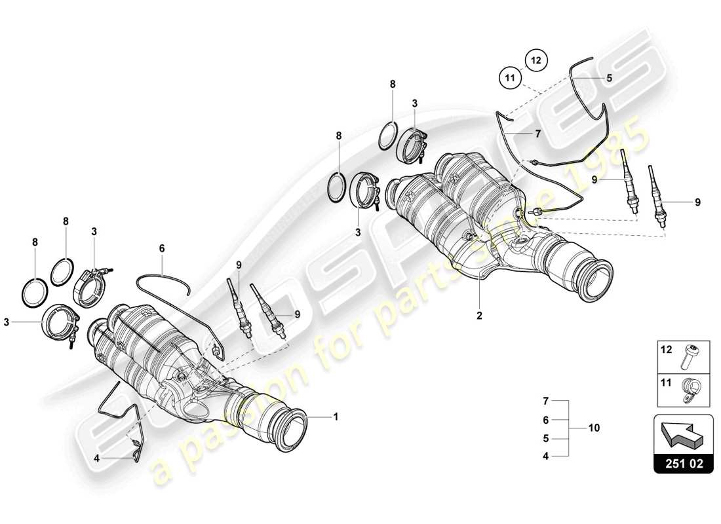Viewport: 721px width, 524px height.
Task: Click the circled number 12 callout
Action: pyautogui.click(x=536, y=60)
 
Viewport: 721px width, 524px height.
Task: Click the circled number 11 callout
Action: pyautogui.click(x=511, y=78)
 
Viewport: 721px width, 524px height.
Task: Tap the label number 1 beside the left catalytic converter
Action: pyautogui.click(x=336, y=416)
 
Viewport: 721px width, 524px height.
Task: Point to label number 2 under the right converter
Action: pyautogui.click(x=479, y=316)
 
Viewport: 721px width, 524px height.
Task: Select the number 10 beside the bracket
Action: pyautogui.click(x=594, y=428)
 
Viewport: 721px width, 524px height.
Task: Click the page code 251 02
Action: pyautogui.click(x=684, y=463)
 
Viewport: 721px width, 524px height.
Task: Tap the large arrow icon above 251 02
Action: pyautogui.click(x=684, y=433)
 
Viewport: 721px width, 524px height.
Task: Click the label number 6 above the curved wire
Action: pyautogui.click(x=161, y=248)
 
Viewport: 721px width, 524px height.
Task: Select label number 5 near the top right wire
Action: pyautogui.click(x=609, y=77)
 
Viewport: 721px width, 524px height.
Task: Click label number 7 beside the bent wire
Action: pyautogui.click(x=537, y=134)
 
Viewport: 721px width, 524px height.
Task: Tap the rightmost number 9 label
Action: pyautogui.click(x=697, y=202)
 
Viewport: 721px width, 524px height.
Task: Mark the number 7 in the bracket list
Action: pyautogui.click(x=545, y=400)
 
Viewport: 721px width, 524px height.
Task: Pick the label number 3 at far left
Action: pyautogui.click(x=7, y=322)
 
